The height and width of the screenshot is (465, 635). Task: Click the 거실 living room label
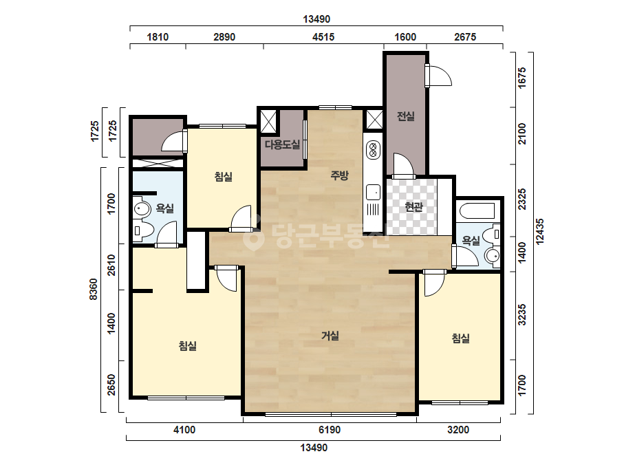point(330,336)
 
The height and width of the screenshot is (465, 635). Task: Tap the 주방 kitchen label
point(339,175)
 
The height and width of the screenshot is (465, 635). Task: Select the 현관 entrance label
point(413,207)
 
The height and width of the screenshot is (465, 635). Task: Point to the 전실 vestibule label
point(405,117)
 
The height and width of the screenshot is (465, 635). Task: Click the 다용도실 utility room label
point(282,144)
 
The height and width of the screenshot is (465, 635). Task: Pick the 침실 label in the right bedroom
point(460,338)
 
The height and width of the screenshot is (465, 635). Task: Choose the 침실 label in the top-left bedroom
point(223,177)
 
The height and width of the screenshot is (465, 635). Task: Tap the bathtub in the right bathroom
point(477,211)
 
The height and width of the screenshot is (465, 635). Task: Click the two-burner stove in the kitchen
point(373,149)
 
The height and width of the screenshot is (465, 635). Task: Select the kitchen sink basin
point(373,192)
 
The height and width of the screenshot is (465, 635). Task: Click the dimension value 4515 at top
point(323,37)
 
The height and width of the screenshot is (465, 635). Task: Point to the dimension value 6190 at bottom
point(330,430)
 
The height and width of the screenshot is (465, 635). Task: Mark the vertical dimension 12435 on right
point(540,232)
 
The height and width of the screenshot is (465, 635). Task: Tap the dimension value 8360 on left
point(94,289)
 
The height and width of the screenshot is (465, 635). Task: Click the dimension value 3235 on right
point(522,315)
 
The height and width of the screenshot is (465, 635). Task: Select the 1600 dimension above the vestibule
point(405,37)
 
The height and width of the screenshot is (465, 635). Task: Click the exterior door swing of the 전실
point(440,76)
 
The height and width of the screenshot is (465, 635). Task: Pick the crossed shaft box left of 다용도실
point(268,121)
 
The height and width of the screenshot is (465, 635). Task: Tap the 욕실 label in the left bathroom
point(165,208)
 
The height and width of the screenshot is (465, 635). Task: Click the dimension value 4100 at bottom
point(184,430)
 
